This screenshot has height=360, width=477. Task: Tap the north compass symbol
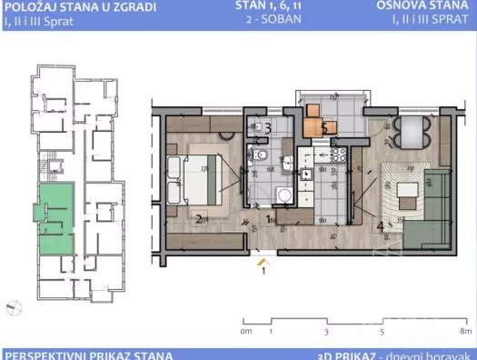[x=12, y=306]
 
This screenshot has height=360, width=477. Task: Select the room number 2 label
[x=198, y=218]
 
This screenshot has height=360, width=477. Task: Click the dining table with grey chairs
[x=411, y=131]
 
